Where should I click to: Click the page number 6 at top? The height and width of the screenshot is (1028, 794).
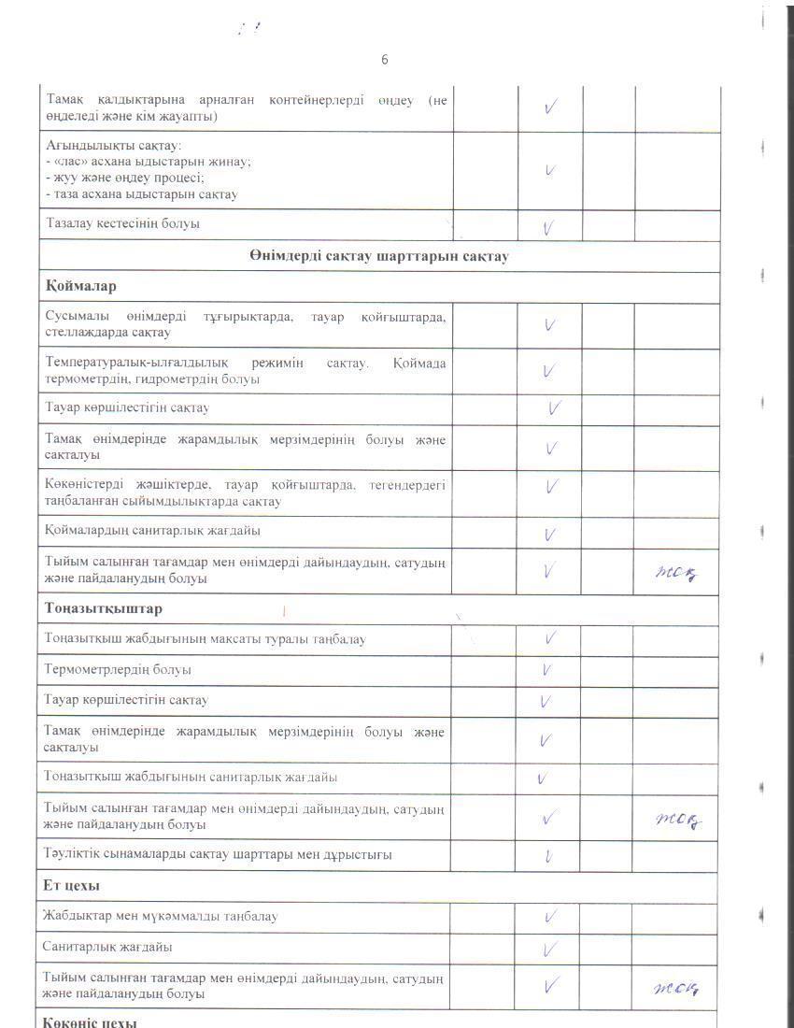tap(384, 60)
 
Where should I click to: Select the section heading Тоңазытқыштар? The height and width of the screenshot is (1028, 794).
tap(103, 609)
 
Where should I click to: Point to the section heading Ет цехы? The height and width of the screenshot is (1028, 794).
tap(72, 885)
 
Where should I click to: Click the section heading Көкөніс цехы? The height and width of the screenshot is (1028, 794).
tap(91, 1021)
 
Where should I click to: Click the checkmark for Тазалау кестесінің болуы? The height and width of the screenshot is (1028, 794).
tap(549, 227)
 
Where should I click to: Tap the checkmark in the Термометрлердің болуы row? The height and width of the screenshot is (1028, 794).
tap(547, 670)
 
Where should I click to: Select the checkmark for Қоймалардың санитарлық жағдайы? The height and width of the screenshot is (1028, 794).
tap(550, 534)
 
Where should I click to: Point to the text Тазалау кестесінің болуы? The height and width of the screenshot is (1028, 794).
tap(121, 224)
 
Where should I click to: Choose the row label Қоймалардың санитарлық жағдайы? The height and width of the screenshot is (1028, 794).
tap(152, 531)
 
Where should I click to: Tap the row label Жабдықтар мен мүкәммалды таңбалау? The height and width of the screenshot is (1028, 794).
tap(160, 917)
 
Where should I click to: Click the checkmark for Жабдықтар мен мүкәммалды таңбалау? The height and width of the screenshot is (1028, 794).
tap(550, 918)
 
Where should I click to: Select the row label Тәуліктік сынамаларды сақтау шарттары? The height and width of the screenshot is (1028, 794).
tap(217, 855)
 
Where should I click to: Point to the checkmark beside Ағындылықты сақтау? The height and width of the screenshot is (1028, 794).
tap(550, 171)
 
